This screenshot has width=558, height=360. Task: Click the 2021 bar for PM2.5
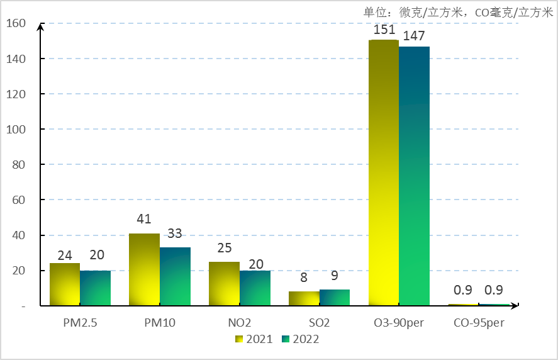[65, 284]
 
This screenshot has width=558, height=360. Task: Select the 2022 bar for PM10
[175, 277]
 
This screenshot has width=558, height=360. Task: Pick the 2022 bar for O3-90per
[415, 176]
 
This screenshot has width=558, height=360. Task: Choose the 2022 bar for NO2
[255, 288]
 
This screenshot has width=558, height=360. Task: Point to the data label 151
[384, 30]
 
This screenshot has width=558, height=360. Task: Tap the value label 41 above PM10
[145, 220]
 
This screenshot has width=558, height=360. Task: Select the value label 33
[174, 233]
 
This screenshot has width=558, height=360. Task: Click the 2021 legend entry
[254, 339]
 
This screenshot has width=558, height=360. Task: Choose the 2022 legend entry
[300, 339]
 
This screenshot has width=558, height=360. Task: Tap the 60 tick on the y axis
[20, 200]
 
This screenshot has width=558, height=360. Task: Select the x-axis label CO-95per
[479, 323]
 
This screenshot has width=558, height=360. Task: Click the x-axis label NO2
[240, 323]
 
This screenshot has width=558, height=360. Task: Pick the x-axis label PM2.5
[80, 323]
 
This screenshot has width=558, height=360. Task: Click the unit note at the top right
[457, 12]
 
